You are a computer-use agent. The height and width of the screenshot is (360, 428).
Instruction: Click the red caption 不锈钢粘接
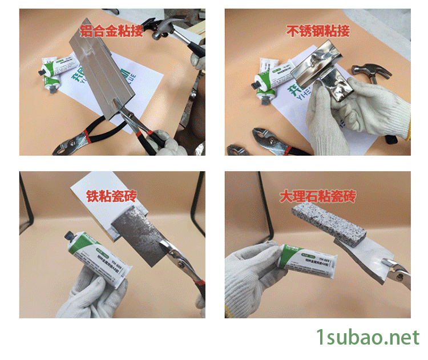pyautogui.click(x=318, y=31)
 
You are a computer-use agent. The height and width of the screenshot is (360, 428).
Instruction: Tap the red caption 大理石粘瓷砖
pyautogui.click(x=318, y=197)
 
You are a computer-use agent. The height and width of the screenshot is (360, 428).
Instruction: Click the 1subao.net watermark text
pyautogui.click(x=368, y=337)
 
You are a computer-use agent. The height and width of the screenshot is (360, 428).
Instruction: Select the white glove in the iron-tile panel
pyautogui.click(x=86, y=294)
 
